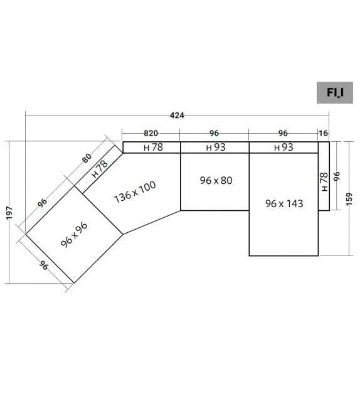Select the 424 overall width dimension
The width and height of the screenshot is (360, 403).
pyautogui.click(x=177, y=116)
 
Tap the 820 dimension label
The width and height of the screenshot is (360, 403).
pyautogui.click(x=151, y=133)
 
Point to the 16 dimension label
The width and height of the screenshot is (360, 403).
pyautogui.click(x=323, y=133)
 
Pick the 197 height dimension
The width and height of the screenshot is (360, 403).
pyautogui.click(x=9, y=213)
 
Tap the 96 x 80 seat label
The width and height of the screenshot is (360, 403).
pyautogui.click(x=216, y=181)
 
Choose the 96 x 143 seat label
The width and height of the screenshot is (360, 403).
pyautogui.click(x=284, y=204)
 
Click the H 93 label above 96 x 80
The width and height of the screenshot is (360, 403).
pyautogui.click(x=214, y=148)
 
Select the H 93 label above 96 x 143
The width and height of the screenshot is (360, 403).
pyautogui.click(x=283, y=148)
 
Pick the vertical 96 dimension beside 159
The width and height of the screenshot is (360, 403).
pyautogui.click(x=336, y=176)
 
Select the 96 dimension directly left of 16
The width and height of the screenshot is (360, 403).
pyautogui.click(x=283, y=133)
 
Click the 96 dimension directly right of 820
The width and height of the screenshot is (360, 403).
pyautogui.click(x=214, y=133)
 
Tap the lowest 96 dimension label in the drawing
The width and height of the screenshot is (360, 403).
pyautogui.click(x=44, y=266)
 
